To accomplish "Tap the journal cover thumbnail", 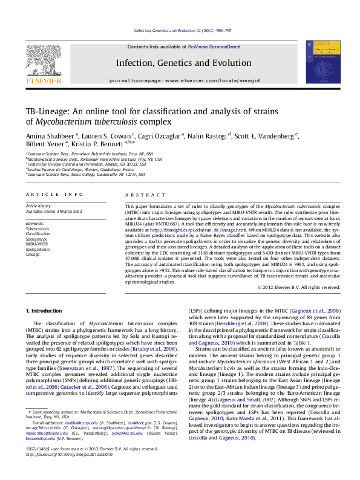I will click(x=318, y=62).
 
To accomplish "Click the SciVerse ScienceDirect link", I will click(x=214, y=47).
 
